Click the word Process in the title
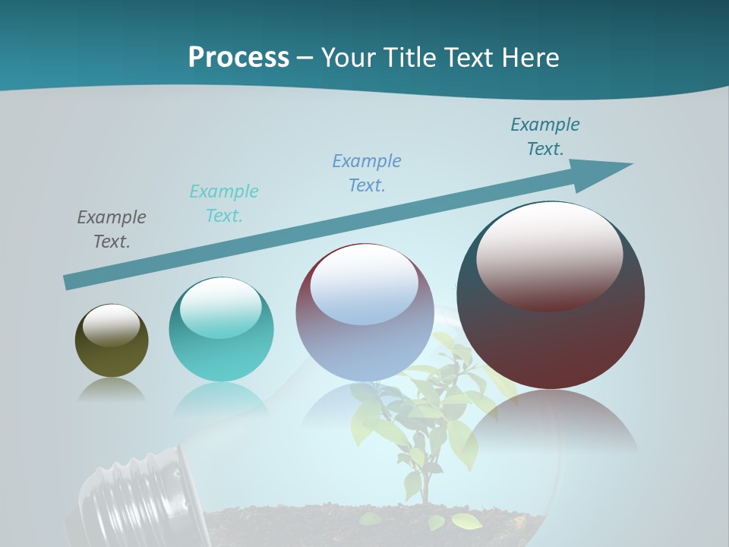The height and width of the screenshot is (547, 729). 238,57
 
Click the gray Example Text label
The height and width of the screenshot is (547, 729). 112,229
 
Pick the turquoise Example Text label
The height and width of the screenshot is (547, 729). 224,203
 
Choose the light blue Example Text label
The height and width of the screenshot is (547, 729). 367,172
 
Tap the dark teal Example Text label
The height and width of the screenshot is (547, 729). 545,136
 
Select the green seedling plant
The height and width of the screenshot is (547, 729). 425,425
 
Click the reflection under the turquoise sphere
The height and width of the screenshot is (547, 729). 221,399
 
